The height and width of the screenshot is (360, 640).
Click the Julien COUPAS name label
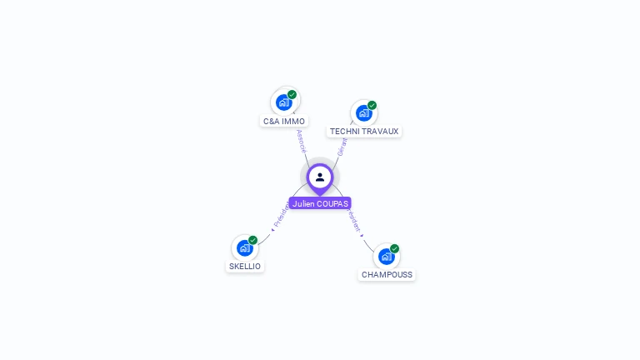click(320, 203)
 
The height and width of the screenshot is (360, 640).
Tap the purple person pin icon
click(320, 177)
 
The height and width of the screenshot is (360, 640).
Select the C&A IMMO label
click(284, 121)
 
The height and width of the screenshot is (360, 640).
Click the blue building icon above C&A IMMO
click(284, 102)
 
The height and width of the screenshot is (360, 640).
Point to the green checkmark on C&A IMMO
click(292, 94)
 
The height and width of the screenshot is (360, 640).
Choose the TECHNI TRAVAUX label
click(364, 131)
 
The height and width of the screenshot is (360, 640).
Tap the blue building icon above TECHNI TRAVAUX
click(363, 112)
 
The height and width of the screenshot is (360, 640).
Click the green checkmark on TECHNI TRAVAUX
click(372, 105)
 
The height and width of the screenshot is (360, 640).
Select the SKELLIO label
click(245, 266)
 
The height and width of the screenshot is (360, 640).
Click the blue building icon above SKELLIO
click(244, 247)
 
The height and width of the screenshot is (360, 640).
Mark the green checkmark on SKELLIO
click(252, 240)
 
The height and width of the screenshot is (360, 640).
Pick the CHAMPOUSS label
click(387, 274)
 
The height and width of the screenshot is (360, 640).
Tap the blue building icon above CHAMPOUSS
click(386, 256)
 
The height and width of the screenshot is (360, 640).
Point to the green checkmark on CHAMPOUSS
click(394, 248)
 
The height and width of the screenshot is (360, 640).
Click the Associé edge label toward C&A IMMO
click(301, 140)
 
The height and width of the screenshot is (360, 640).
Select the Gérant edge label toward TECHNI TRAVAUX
click(342, 147)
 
